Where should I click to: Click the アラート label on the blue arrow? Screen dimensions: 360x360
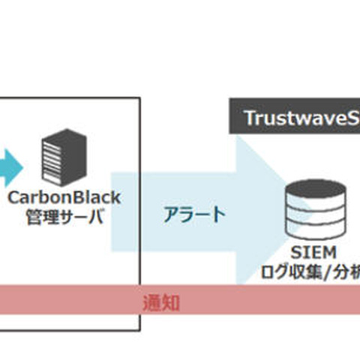(x=193, y=214)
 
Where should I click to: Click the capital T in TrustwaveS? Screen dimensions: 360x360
(x=249, y=118)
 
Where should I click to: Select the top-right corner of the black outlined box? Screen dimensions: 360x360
(x=139, y=97)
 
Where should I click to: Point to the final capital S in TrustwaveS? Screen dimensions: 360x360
(x=352, y=118)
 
